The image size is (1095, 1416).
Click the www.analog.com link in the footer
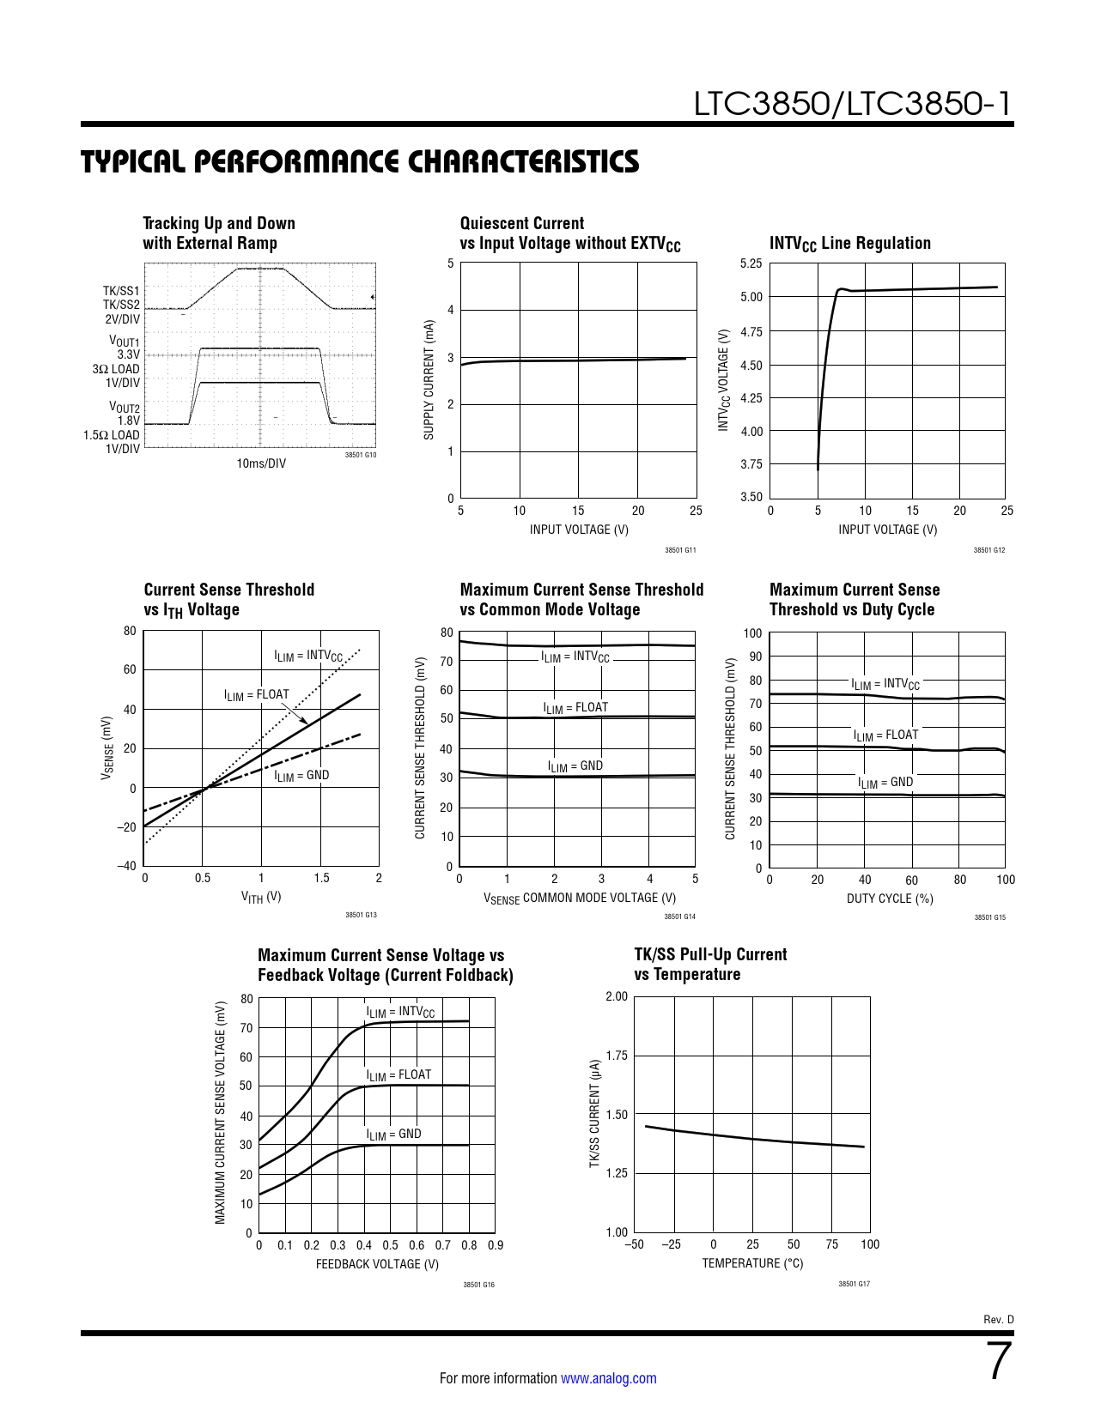click(608, 1378)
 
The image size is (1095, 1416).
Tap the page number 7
click(1000, 1361)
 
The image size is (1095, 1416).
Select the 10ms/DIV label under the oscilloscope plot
click(261, 463)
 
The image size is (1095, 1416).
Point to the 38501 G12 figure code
click(989, 550)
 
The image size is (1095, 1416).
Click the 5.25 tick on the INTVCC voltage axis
click(751, 263)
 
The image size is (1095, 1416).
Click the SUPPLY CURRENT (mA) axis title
click(429, 380)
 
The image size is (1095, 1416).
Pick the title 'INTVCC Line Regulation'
click(849, 244)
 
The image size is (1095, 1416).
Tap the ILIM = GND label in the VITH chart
click(301, 776)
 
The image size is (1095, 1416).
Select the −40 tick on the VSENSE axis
click(126, 866)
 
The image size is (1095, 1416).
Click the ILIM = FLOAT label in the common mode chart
click(575, 708)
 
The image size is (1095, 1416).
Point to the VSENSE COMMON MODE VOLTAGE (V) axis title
click(579, 899)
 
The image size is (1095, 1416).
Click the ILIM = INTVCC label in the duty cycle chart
click(885, 684)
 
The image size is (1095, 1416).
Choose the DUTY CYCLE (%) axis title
click(890, 899)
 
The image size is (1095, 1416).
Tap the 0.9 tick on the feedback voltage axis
click(496, 1245)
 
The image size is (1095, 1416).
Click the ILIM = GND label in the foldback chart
click(393, 1135)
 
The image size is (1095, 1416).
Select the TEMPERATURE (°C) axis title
click(752, 1263)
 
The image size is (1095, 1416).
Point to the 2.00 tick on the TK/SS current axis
click(617, 996)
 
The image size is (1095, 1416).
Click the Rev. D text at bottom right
click(998, 1320)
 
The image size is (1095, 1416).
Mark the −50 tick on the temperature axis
click(634, 1244)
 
